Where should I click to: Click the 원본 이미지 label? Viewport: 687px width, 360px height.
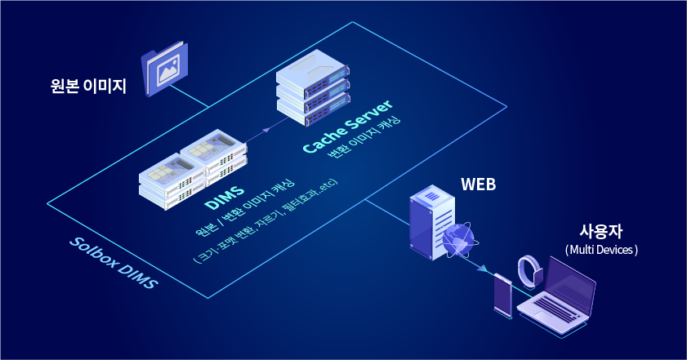[x=88, y=84]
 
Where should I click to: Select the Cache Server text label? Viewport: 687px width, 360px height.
[x=347, y=126]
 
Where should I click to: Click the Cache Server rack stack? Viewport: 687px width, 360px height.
[x=312, y=91]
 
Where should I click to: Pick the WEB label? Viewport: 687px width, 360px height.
[x=478, y=184]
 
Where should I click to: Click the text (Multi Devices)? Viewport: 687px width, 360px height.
[x=600, y=249]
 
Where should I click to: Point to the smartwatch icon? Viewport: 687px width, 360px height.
[x=529, y=272]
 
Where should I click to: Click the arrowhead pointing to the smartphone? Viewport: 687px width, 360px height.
[x=484, y=268]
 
